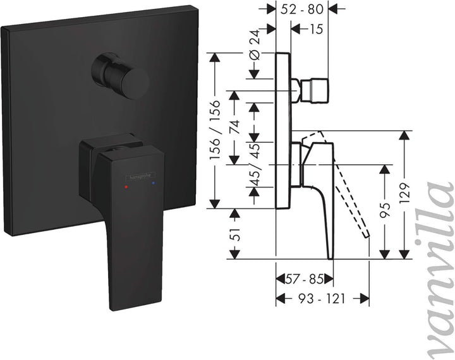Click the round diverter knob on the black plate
click(120, 75)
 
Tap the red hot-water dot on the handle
click(126, 187)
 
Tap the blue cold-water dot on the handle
click(153, 183)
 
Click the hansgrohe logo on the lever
click(140, 176)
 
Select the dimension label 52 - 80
click(302, 9)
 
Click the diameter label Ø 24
click(255, 45)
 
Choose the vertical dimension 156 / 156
click(215, 129)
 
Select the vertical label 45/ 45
click(255, 164)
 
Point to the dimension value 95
click(385, 210)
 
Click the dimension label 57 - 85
click(304, 279)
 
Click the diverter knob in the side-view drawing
click(315, 90)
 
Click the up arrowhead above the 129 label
click(405, 135)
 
